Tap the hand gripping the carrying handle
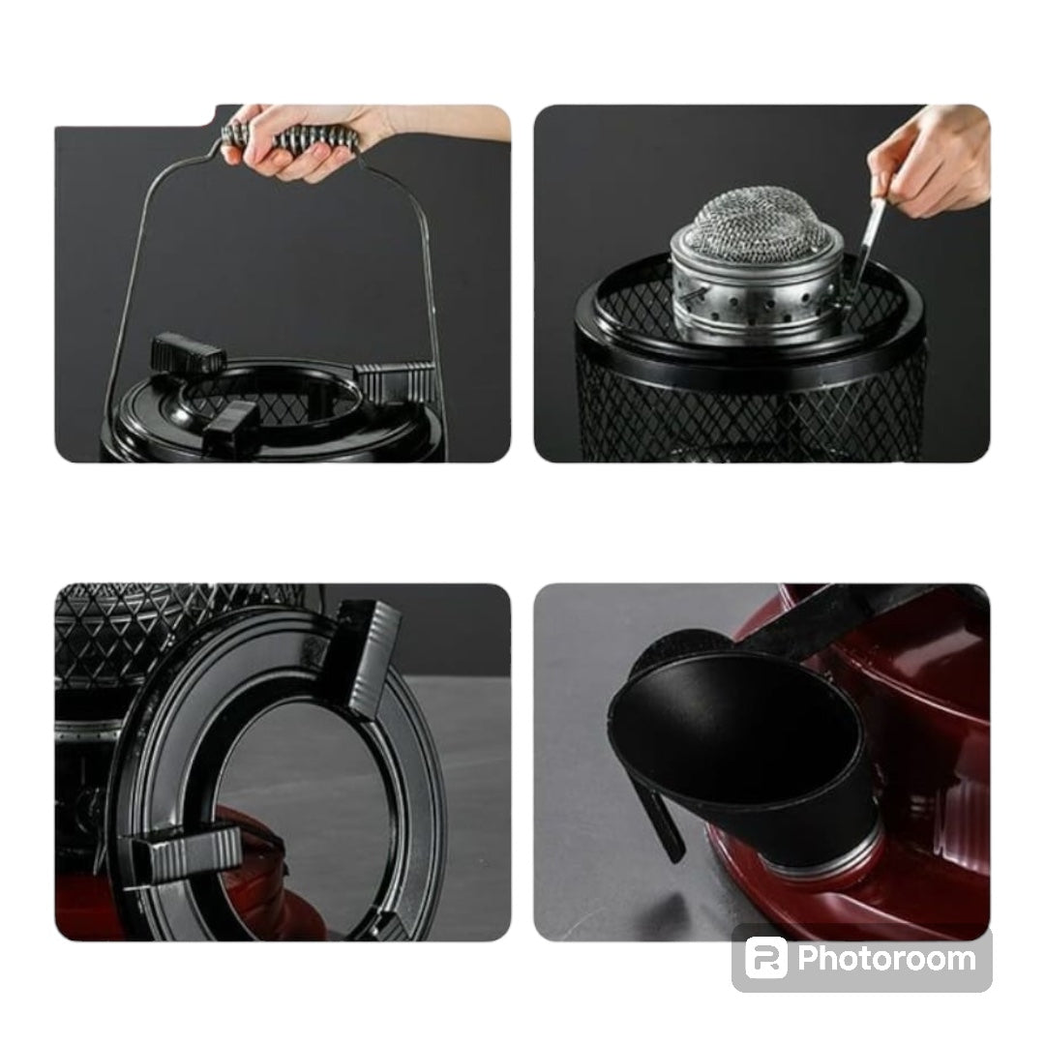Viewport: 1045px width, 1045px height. coord(286,141)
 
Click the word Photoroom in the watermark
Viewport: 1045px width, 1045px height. coord(886,958)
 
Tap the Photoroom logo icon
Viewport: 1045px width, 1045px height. coord(765,958)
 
